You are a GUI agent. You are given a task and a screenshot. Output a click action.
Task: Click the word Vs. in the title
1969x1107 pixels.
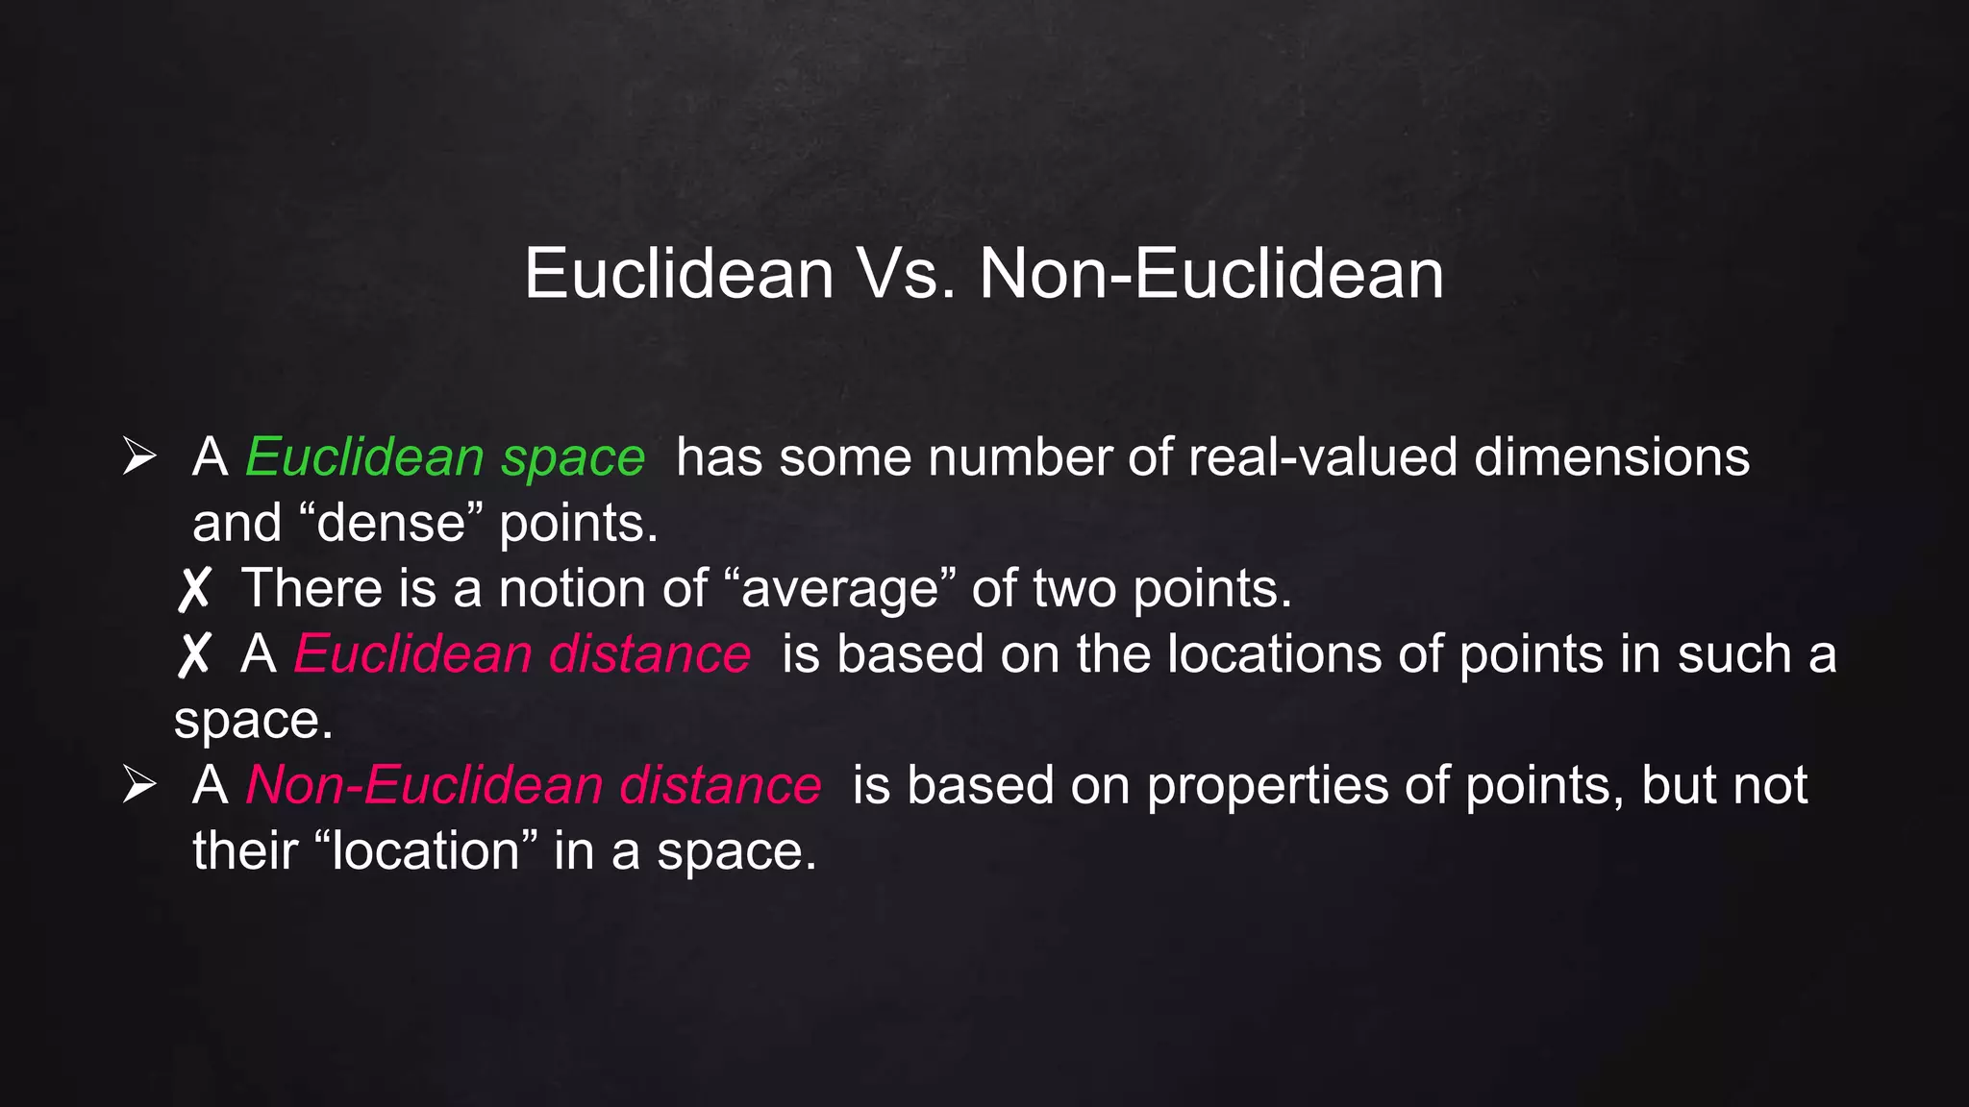(906, 274)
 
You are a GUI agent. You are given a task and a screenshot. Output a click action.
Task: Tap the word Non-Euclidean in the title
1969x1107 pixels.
(1211, 274)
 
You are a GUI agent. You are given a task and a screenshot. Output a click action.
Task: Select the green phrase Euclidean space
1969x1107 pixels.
(445, 457)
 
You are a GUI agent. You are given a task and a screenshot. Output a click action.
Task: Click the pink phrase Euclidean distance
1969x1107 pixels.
(522, 654)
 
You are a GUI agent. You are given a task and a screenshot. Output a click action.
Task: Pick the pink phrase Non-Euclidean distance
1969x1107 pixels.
(534, 785)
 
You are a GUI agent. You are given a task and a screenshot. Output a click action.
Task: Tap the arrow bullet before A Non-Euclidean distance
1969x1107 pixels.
(139, 784)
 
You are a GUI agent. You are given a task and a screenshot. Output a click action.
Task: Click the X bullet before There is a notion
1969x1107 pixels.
(193, 589)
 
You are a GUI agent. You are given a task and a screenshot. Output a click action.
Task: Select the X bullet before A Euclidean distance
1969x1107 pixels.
(193, 654)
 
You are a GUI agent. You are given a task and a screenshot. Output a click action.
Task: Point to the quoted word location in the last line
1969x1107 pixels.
(426, 851)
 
